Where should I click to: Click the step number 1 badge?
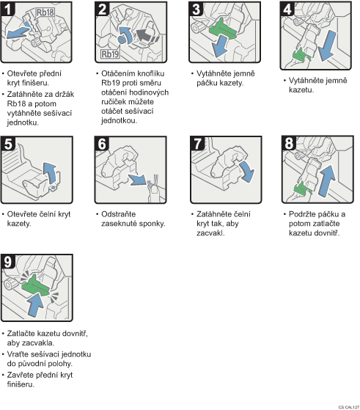(x=8, y=9)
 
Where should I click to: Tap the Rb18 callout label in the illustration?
(x=45, y=12)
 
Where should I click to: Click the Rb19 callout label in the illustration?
(x=110, y=54)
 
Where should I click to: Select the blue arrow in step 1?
(x=18, y=33)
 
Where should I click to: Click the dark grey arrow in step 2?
(x=145, y=35)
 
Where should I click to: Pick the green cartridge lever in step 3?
(x=222, y=29)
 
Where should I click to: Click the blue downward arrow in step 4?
(x=327, y=45)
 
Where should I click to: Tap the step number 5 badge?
(x=8, y=144)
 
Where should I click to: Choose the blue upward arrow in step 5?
(x=50, y=173)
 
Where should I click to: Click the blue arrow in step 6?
(x=137, y=180)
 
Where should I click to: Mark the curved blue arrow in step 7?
(x=247, y=172)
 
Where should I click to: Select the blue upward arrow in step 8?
(x=327, y=180)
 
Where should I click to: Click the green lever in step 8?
(x=303, y=188)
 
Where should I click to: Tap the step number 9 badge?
(x=8, y=262)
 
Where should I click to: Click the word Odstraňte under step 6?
(x=119, y=214)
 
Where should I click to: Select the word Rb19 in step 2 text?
(x=109, y=83)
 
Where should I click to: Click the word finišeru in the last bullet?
(x=21, y=384)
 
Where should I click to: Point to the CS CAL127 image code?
(x=349, y=407)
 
